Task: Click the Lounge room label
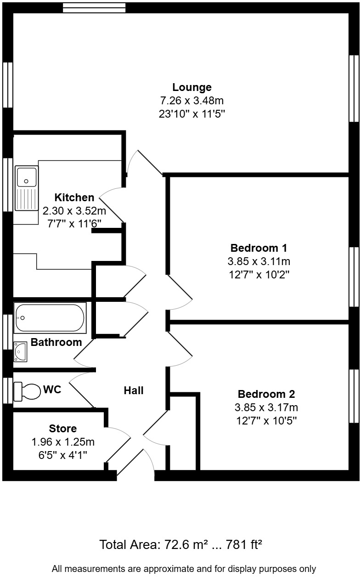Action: pyautogui.click(x=192, y=87)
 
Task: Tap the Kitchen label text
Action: pyautogui.click(x=74, y=198)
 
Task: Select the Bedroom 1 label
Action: pyautogui.click(x=259, y=248)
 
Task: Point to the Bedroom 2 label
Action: pyautogui.click(x=266, y=394)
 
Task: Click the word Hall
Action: pyautogui.click(x=134, y=390)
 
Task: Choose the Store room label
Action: pyautogui.click(x=63, y=429)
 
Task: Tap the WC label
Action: pyautogui.click(x=52, y=390)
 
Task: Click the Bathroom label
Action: pyautogui.click(x=56, y=342)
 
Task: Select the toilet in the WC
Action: pyautogui.click(x=28, y=391)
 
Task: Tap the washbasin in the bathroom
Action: pyautogui.click(x=21, y=352)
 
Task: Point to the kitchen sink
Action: pyautogui.click(x=27, y=176)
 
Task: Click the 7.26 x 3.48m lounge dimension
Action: pyautogui.click(x=191, y=101)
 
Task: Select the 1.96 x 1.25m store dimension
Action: pyautogui.click(x=63, y=442)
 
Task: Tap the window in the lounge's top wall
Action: pyautogui.click(x=94, y=7)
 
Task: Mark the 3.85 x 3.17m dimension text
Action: pyautogui.click(x=266, y=407)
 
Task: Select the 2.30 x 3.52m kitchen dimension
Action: pyautogui.click(x=74, y=211)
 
